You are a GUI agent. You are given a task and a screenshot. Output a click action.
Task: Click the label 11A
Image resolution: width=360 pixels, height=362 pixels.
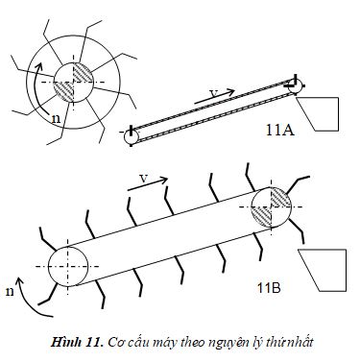pyautogui.click(x=280, y=130)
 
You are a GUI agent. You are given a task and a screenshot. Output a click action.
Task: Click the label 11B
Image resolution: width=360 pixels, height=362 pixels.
pyautogui.click(x=269, y=288)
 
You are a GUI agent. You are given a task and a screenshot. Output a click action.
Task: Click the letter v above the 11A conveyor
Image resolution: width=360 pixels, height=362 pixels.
pyautogui.click(x=214, y=93)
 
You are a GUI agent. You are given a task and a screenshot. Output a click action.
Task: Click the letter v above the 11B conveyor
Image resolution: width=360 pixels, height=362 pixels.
pyautogui.click(x=144, y=179)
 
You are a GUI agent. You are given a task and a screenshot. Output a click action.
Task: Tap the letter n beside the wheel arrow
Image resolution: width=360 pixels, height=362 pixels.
pyautogui.click(x=56, y=119)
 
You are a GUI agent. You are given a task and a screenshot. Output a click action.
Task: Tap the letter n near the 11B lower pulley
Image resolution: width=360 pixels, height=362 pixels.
pyautogui.click(x=11, y=292)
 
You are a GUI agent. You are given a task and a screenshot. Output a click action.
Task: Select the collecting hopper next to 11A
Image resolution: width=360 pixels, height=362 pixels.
pyautogui.click(x=318, y=114)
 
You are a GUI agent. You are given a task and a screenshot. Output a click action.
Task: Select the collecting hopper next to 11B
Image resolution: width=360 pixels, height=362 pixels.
pyautogui.click(x=323, y=270)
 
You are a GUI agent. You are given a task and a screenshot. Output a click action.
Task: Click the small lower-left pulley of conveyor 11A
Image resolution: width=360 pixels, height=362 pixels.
pyautogui.click(x=132, y=137)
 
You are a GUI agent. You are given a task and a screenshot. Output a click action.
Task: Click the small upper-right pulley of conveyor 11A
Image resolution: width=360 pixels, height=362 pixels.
pyautogui.click(x=296, y=86)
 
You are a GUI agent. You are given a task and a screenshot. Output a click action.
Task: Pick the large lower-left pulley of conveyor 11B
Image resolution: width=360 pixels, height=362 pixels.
pyautogui.click(x=68, y=266)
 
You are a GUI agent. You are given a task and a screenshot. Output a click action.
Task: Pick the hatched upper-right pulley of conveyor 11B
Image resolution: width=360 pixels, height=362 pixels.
pyautogui.click(x=271, y=206)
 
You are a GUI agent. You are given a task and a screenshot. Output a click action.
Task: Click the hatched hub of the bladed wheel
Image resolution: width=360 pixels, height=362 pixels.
pyautogui.click(x=73, y=82)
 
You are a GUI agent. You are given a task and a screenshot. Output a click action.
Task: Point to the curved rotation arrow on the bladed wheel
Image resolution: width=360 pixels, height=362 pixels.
pyautogui.click(x=36, y=88)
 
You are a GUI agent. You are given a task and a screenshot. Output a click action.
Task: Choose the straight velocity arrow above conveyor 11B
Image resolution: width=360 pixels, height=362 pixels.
pyautogui.click(x=148, y=184)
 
